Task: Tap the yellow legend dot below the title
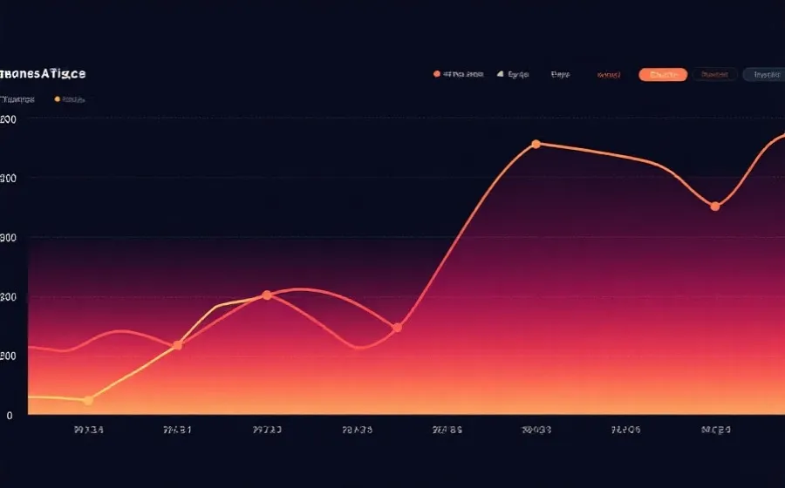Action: [x=58, y=99]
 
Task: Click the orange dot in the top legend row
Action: [x=436, y=75]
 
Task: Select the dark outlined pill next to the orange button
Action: [x=714, y=75]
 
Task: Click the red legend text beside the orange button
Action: [x=608, y=75]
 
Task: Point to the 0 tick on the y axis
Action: [x=10, y=416]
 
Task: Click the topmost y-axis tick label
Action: [x=10, y=119]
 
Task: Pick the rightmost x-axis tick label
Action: [x=716, y=430]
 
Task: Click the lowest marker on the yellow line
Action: [x=88, y=401]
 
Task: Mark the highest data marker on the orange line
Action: [x=536, y=145]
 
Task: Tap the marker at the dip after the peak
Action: [x=715, y=207]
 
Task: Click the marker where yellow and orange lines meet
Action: [x=267, y=295]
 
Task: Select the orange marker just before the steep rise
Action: [x=397, y=329]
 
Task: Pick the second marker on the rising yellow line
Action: [x=178, y=346]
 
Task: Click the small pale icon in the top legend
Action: [x=501, y=75]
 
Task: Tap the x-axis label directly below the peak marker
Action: [x=536, y=430]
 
